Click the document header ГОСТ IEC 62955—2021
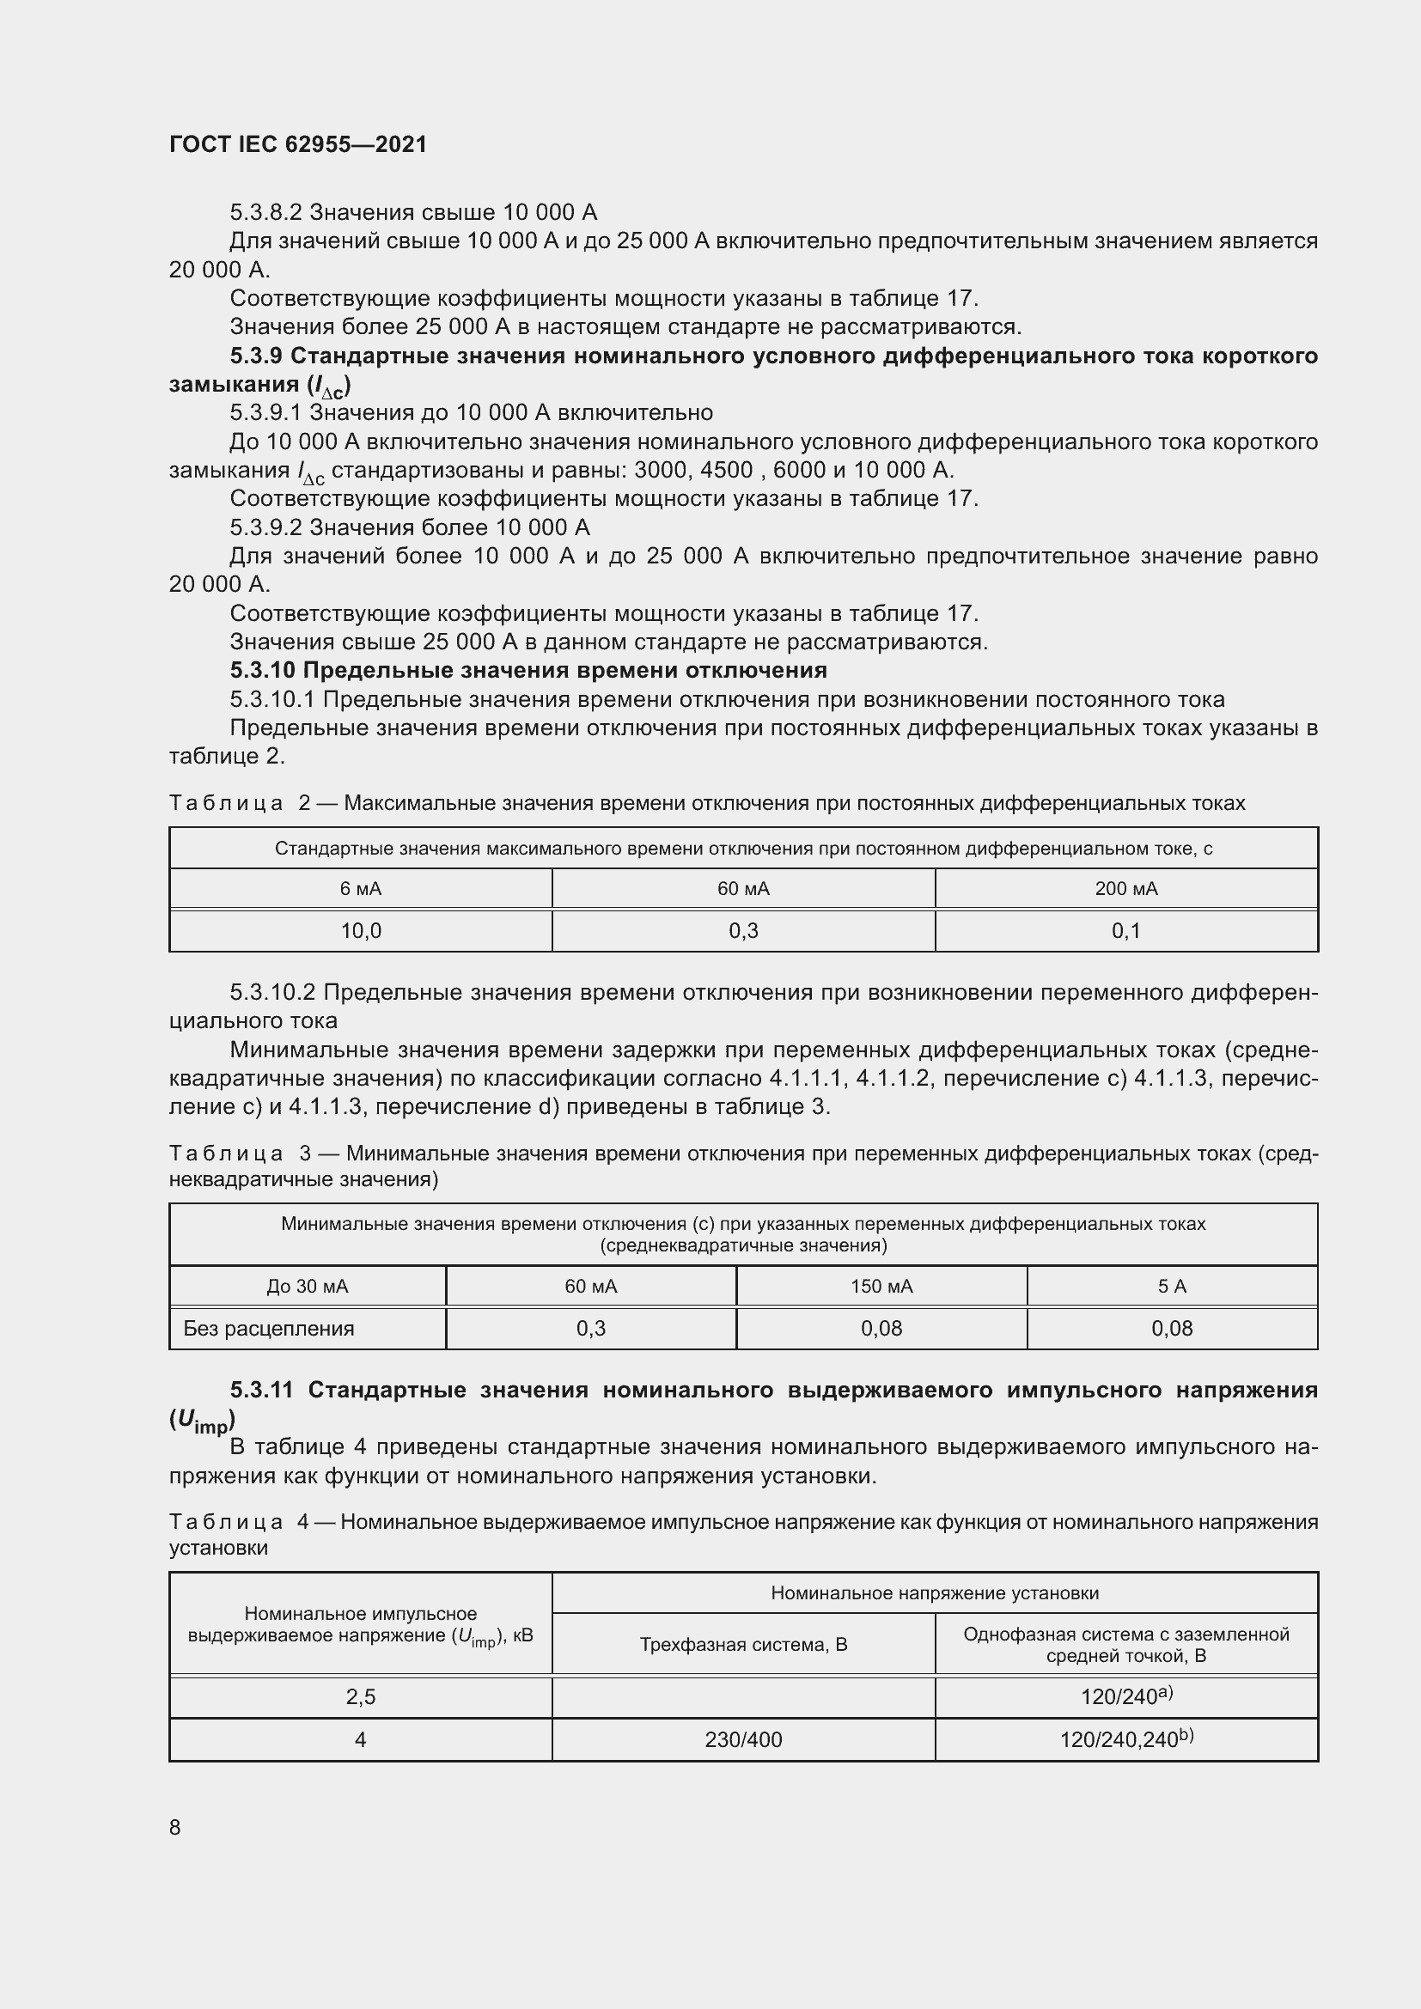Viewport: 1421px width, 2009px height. [x=297, y=144]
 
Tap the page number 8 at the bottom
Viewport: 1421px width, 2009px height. [x=175, y=1827]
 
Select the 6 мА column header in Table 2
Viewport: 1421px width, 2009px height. [x=361, y=889]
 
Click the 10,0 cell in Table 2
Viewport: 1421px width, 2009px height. [x=361, y=931]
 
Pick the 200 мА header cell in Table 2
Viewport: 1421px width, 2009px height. [x=1126, y=889]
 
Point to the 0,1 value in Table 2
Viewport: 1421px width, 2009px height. [x=1126, y=931]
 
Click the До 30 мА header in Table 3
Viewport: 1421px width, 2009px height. [x=307, y=1287]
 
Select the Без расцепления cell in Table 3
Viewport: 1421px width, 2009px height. [x=269, y=1328]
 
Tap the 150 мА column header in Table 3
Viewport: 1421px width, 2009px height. [x=881, y=1287]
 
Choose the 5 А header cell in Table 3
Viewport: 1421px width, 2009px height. [x=1172, y=1287]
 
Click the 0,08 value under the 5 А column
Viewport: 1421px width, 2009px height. [x=1172, y=1328]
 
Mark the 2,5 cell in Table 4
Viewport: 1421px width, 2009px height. [x=361, y=1697]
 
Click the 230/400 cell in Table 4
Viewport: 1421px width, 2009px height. [x=743, y=1739]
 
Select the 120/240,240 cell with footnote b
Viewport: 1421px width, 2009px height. [x=1126, y=1738]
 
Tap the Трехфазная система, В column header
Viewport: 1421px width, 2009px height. [x=743, y=1644]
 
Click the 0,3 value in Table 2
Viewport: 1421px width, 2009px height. [x=743, y=931]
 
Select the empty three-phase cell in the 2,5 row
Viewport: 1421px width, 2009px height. [x=743, y=1697]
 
